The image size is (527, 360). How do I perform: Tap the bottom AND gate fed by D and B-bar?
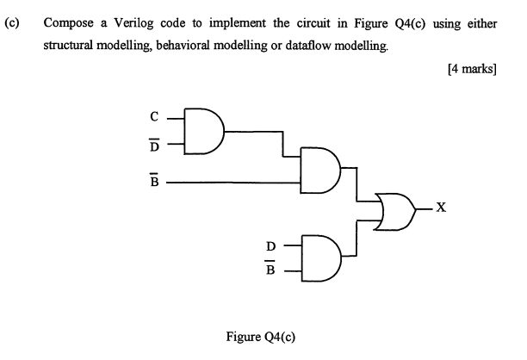click(321, 258)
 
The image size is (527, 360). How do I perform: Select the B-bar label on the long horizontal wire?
click(154, 182)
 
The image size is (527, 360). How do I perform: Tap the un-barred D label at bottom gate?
click(270, 246)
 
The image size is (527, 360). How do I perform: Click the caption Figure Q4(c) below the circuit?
click(261, 336)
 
